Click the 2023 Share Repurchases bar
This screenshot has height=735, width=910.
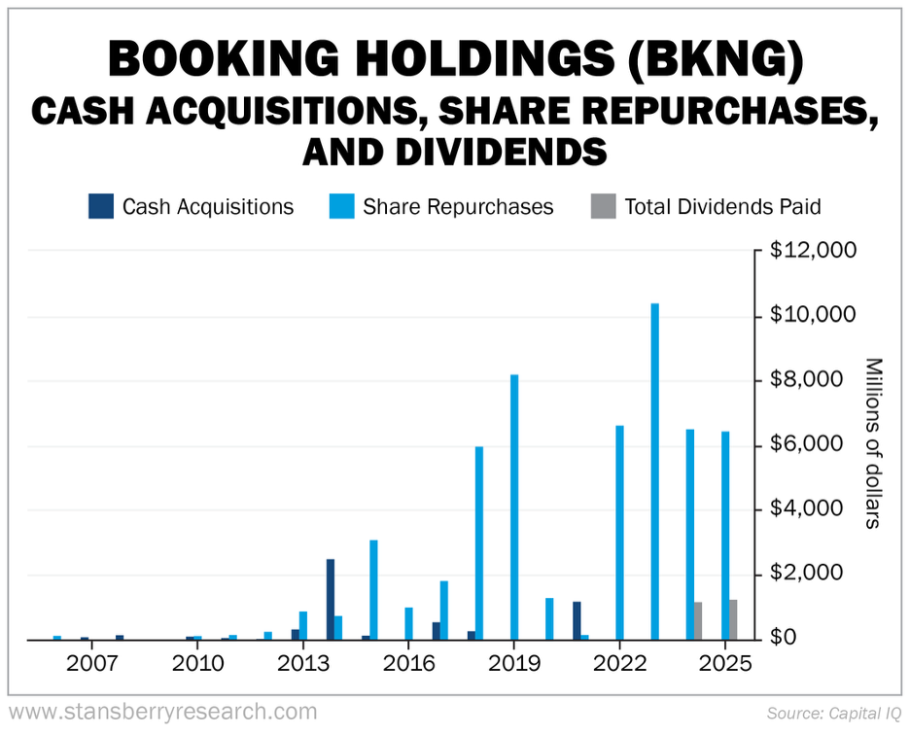(655, 472)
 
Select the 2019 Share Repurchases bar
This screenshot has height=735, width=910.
(514, 507)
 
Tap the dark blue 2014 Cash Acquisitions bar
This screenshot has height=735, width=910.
(331, 599)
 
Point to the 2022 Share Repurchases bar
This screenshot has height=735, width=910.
(619, 532)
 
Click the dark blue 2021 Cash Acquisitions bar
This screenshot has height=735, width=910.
(577, 620)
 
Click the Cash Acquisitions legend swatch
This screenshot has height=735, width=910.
(100, 206)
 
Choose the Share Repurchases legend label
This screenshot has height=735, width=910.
(458, 207)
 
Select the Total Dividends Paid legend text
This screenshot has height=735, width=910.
(722, 207)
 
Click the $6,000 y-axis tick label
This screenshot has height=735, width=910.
(808, 444)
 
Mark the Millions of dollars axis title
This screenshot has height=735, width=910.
(872, 443)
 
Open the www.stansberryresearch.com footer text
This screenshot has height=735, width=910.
(162, 713)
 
